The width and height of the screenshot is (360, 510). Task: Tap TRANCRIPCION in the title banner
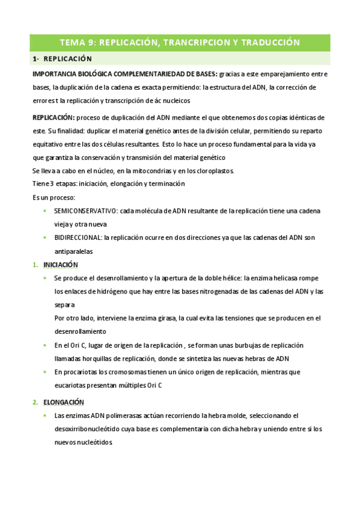[x=194, y=43]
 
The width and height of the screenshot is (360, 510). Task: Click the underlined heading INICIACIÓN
[x=61, y=265]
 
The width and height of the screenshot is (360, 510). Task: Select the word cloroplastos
[x=212, y=170]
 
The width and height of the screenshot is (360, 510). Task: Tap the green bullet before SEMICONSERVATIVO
[x=46, y=211]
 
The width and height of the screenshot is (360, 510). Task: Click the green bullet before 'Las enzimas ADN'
[x=46, y=416]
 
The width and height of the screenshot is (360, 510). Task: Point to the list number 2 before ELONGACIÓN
[x=35, y=402]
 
